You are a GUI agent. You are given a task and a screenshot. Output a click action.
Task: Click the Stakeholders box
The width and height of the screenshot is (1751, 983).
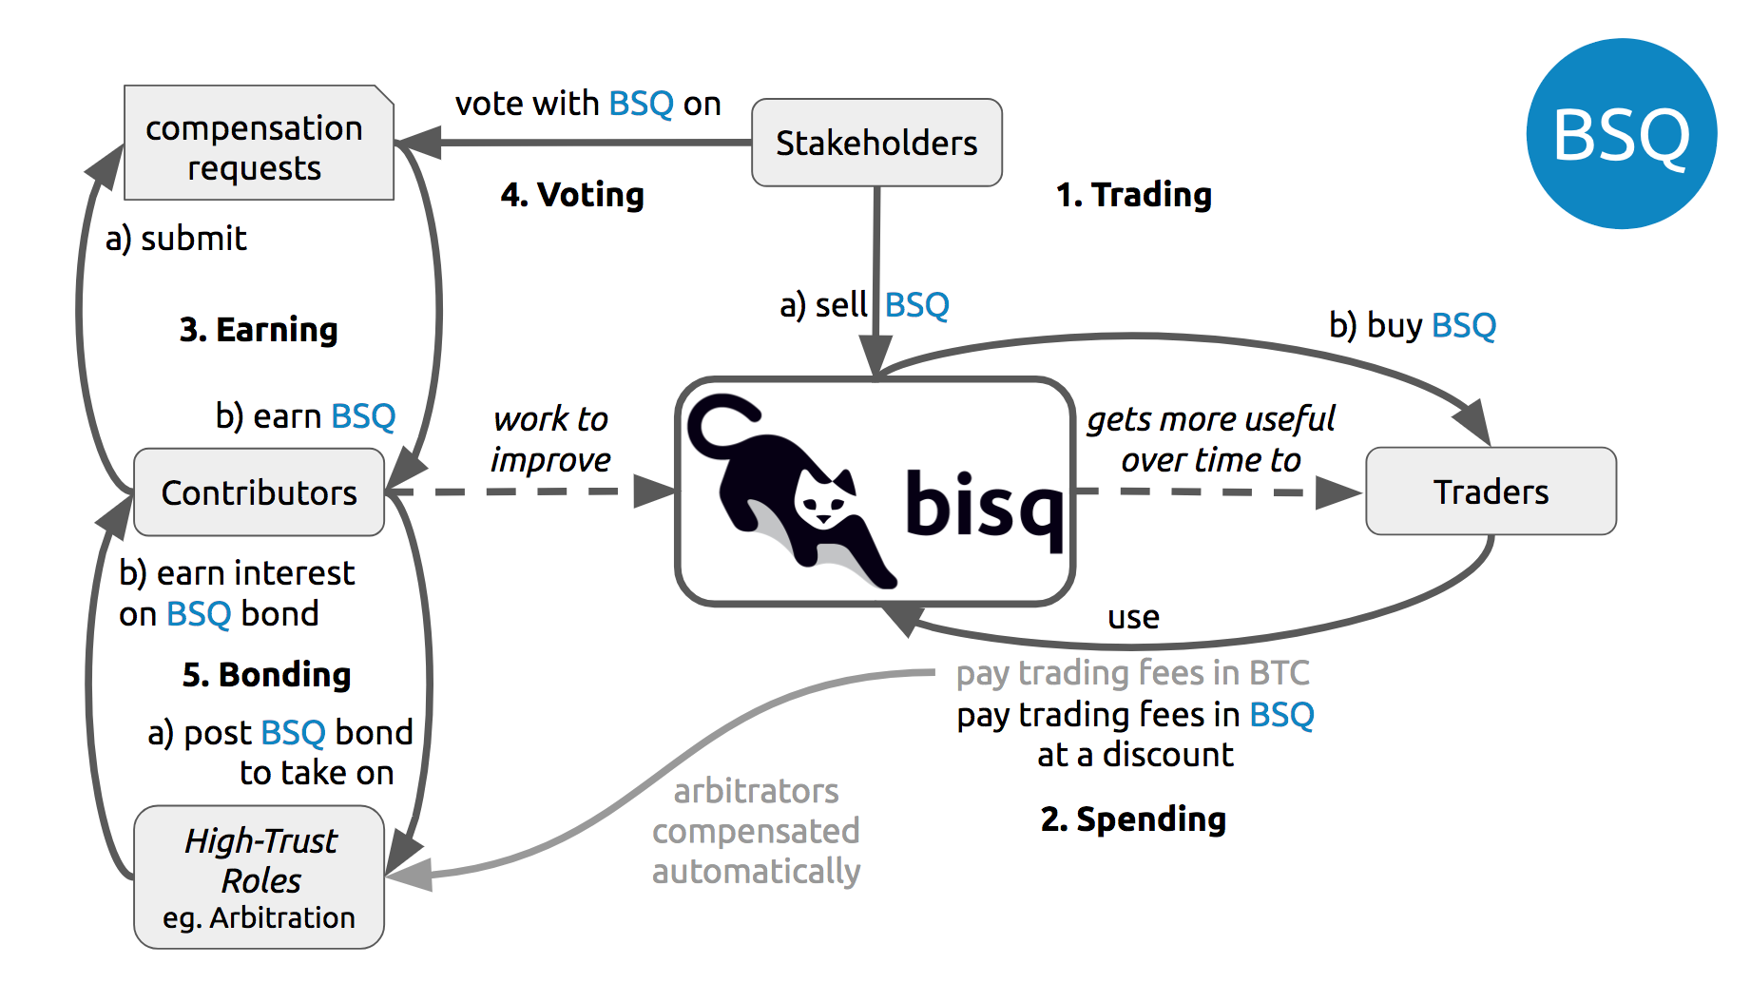click(x=875, y=143)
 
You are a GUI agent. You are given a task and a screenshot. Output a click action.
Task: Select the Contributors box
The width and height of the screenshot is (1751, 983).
click(x=259, y=492)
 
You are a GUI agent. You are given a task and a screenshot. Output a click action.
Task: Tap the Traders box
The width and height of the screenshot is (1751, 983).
click(x=1490, y=491)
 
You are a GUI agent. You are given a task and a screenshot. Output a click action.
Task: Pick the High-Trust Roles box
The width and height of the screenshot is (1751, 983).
click(x=259, y=877)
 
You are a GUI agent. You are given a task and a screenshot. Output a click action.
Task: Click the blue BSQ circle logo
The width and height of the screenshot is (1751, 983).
click(x=1621, y=134)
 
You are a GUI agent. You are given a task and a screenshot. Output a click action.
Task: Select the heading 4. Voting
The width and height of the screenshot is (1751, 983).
click(x=572, y=195)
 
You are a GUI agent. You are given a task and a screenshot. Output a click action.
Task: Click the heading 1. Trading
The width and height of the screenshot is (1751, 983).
click(x=1133, y=195)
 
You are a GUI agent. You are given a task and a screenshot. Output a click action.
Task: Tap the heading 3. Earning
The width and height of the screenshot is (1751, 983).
click(x=259, y=330)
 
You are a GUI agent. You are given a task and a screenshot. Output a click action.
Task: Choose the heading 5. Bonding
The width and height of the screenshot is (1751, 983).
click(x=266, y=675)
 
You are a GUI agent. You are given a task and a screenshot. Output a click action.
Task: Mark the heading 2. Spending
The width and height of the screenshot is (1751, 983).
click(x=1133, y=819)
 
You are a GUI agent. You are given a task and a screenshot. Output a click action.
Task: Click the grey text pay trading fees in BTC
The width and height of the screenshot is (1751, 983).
click(x=1132, y=673)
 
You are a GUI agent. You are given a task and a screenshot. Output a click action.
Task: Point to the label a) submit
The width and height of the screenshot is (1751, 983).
click(x=176, y=239)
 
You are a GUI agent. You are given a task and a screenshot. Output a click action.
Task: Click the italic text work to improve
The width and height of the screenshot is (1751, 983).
click(x=550, y=439)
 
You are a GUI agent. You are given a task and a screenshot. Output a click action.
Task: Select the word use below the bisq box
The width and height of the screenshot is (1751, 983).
click(x=1133, y=618)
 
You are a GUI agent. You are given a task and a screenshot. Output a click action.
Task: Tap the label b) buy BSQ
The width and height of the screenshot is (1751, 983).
click(x=1412, y=326)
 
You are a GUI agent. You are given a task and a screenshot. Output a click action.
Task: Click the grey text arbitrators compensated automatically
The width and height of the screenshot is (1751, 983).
click(x=756, y=831)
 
